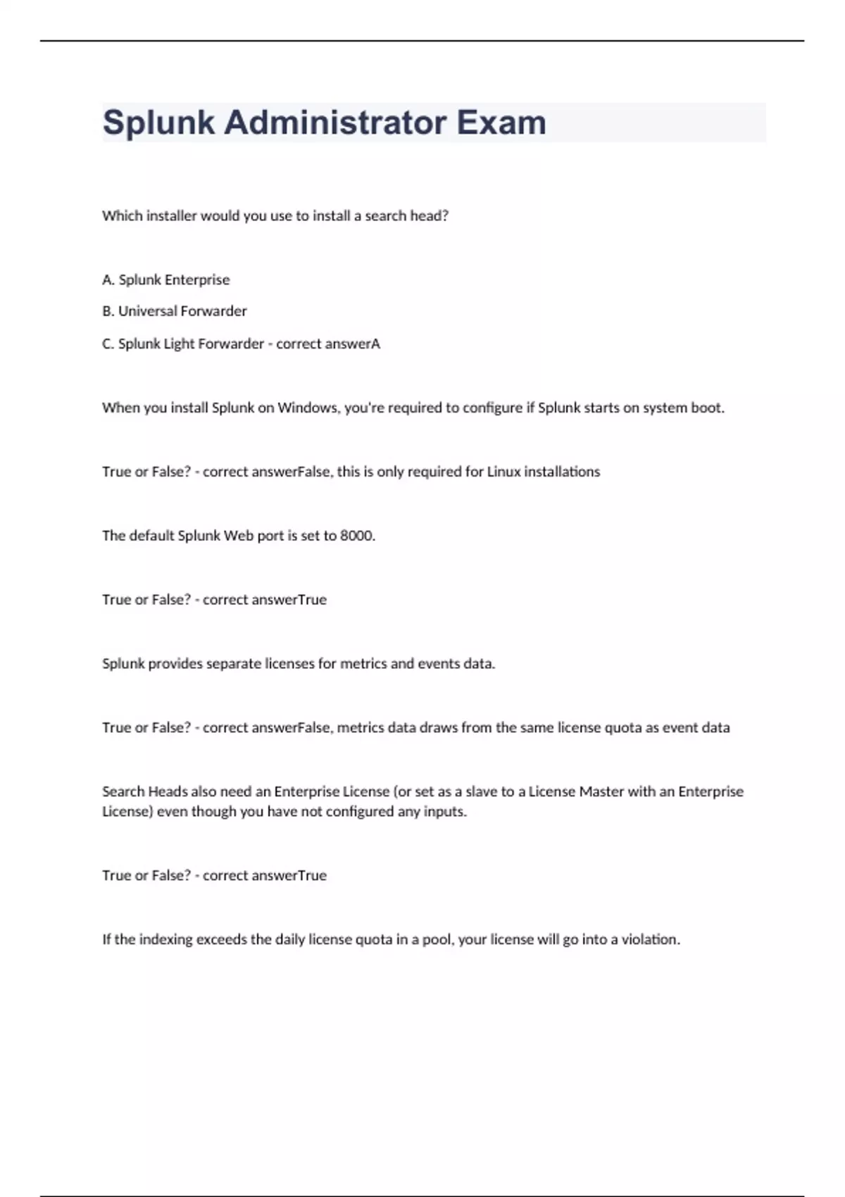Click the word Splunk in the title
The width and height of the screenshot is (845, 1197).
[158, 123]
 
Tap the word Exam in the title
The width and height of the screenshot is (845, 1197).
[501, 123]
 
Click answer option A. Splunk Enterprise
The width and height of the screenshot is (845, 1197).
[166, 280]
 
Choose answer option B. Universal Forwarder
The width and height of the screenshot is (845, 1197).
[175, 311]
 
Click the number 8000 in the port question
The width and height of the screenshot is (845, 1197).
[357, 536]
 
